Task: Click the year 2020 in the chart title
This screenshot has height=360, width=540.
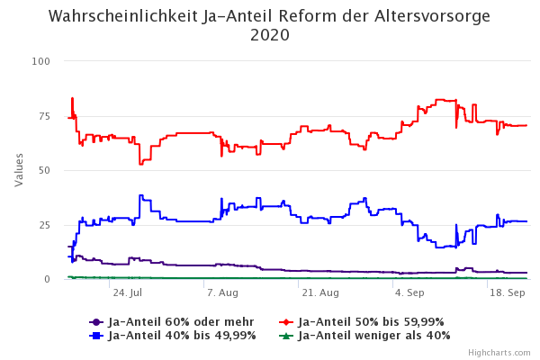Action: tap(270, 36)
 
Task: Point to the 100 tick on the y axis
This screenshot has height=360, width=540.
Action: tap(40, 61)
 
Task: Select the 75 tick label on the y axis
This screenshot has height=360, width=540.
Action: tap(43, 116)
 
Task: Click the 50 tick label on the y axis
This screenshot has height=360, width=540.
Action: tap(43, 170)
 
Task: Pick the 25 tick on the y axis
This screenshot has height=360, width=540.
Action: tap(43, 225)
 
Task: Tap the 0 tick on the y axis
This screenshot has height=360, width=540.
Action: tap(47, 279)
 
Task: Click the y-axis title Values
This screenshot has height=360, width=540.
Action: tap(20, 169)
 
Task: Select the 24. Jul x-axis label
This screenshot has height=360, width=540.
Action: tap(127, 293)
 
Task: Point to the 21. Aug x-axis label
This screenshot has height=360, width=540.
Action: tap(319, 293)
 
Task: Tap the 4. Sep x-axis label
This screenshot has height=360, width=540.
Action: tap(409, 293)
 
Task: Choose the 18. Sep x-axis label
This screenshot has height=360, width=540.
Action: tap(507, 293)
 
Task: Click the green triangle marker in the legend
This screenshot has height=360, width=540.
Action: tap(285, 336)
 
